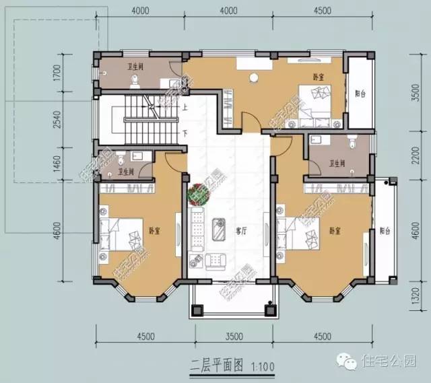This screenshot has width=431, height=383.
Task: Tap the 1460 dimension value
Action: pyautogui.click(x=57, y=164)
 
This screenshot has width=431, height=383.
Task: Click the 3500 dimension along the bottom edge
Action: pyautogui.click(x=233, y=336)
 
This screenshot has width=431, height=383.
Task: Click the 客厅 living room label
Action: pyautogui.click(x=240, y=231)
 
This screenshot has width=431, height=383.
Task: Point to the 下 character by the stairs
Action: pyautogui.click(x=184, y=133)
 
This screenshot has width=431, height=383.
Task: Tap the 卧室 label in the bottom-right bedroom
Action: pyautogui.click(x=335, y=231)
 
